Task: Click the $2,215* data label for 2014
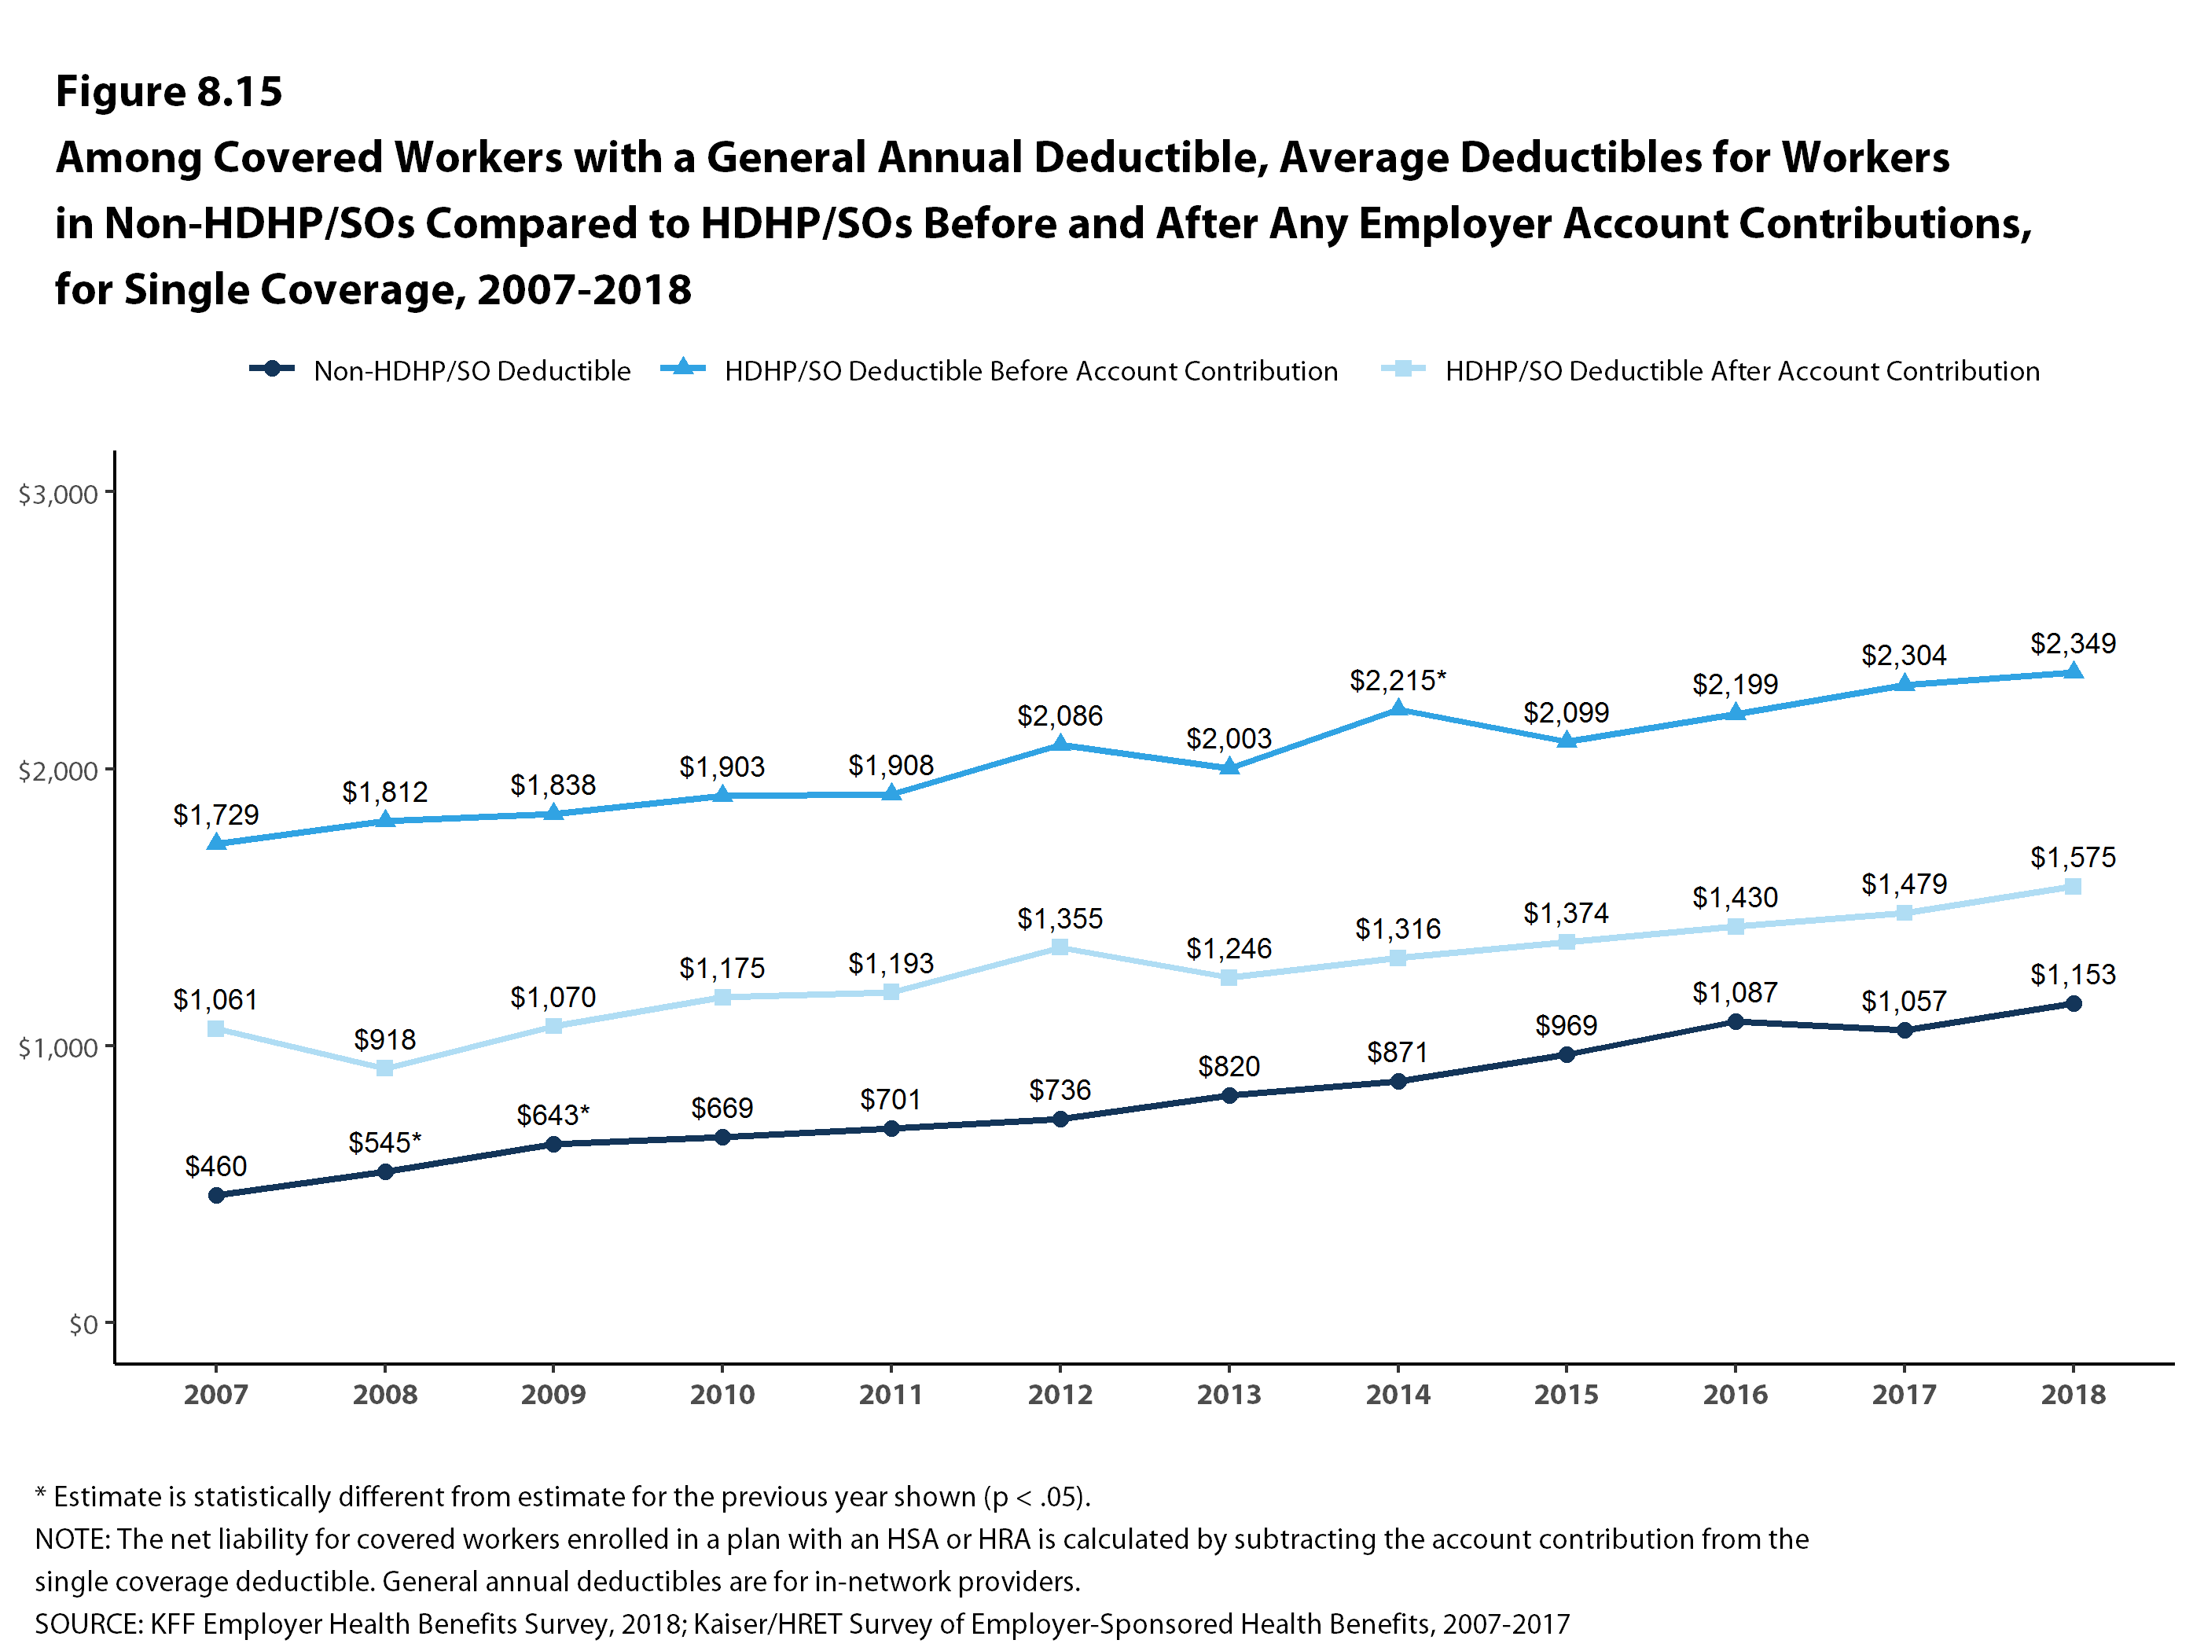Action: click(1397, 680)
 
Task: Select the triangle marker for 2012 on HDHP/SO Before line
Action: click(1060, 744)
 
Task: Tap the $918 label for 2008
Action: click(384, 1039)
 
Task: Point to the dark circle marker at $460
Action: click(216, 1195)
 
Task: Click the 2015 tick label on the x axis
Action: click(1567, 1394)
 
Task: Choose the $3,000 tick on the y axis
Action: click(57, 494)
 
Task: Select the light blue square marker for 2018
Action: click(2072, 887)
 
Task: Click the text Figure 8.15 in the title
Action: click(168, 91)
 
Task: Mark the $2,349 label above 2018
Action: click(2072, 644)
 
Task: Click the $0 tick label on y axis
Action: click(83, 1324)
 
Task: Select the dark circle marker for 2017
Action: click(1904, 1030)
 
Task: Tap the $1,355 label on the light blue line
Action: click(1060, 918)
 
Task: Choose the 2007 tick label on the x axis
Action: click(216, 1394)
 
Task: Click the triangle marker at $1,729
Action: click(216, 843)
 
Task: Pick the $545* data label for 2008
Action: click(384, 1142)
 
